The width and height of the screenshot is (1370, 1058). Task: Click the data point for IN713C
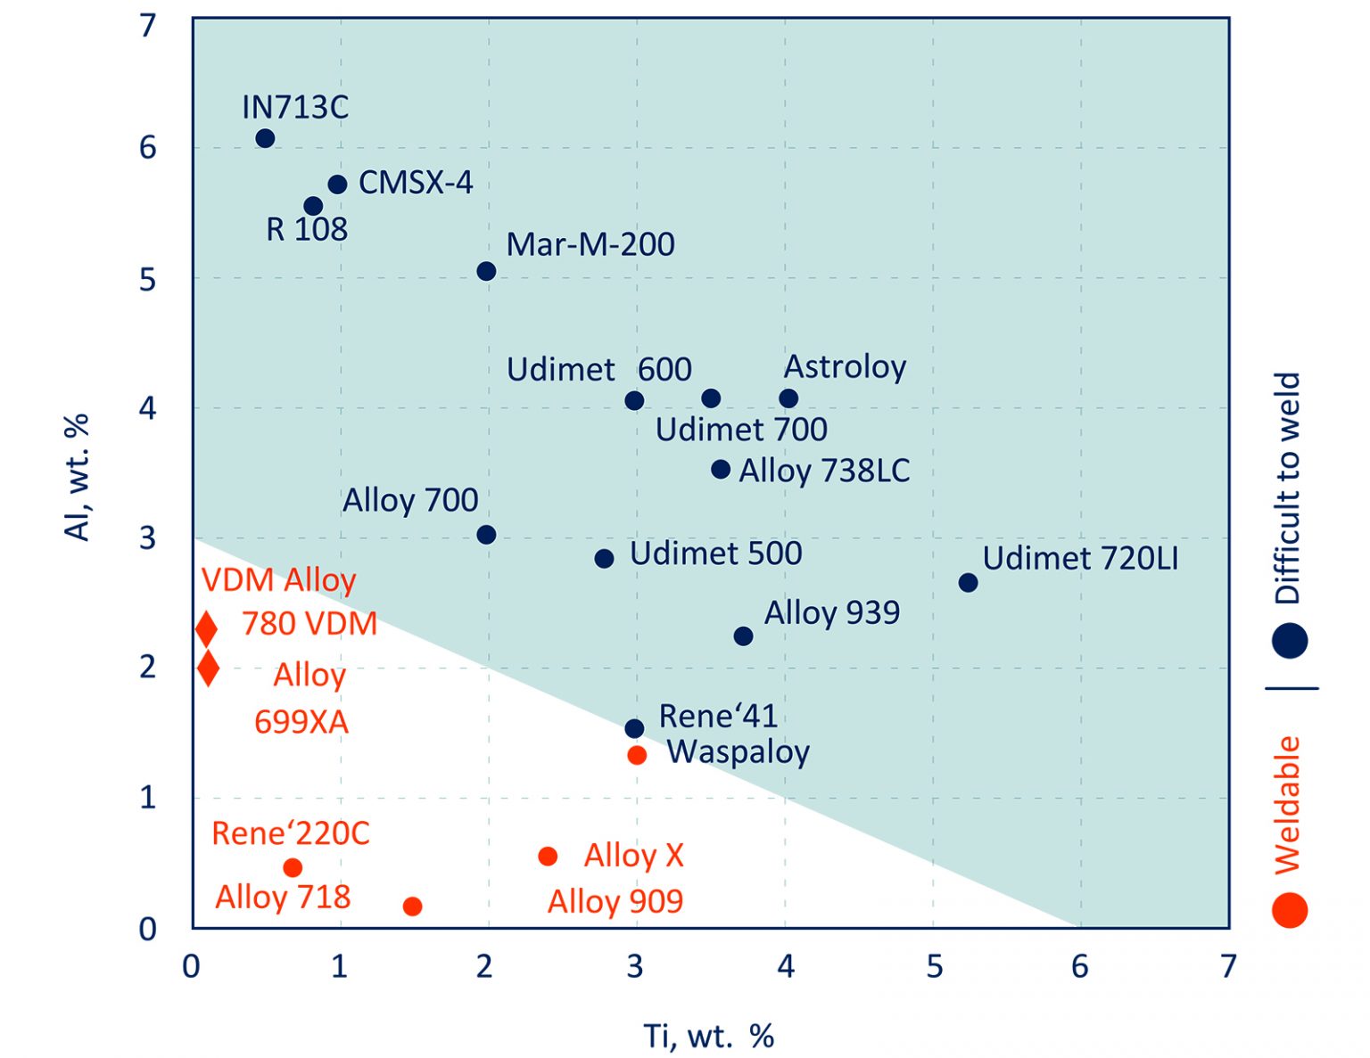[x=265, y=138]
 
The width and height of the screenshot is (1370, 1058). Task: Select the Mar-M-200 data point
[x=486, y=271]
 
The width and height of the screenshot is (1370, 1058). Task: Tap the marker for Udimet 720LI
[x=968, y=582]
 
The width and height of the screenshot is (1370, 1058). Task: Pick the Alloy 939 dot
[x=743, y=636]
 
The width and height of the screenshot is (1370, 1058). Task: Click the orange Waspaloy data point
[x=637, y=755]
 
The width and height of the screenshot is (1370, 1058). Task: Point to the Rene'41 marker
[x=634, y=728]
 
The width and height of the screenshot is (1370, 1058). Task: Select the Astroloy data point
[x=788, y=398]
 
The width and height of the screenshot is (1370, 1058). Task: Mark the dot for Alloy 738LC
[x=721, y=469]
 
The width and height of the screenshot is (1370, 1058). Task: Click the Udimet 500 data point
[x=604, y=559]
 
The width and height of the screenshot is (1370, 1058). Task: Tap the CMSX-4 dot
[x=337, y=185]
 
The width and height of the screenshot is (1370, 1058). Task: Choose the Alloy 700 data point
[x=486, y=535]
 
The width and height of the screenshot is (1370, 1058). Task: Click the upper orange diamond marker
[x=206, y=628]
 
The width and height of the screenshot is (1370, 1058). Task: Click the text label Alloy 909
[x=615, y=901]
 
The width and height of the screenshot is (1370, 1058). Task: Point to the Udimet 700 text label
[x=741, y=430]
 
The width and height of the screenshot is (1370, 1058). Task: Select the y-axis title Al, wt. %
[x=78, y=477]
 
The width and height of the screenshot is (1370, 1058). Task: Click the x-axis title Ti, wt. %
[x=708, y=1036]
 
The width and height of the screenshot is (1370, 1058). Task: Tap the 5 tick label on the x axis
[x=934, y=965]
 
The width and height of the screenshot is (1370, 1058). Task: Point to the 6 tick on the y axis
[x=147, y=147]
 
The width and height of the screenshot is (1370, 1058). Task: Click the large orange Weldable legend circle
[x=1290, y=910]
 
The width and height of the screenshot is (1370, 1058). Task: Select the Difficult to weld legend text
[x=1288, y=488]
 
